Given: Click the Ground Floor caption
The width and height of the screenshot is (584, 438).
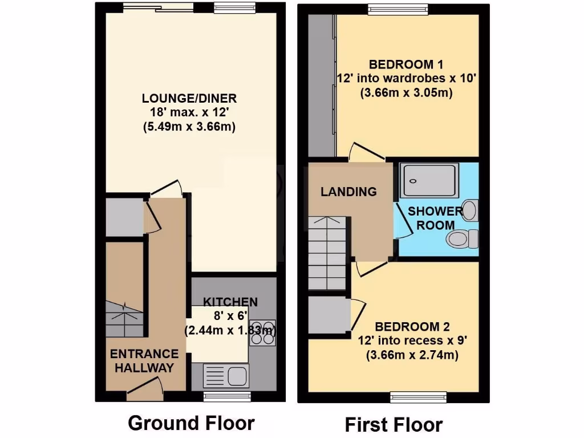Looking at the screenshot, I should pos(191,423).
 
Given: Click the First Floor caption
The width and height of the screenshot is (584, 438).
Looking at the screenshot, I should pos(394,425).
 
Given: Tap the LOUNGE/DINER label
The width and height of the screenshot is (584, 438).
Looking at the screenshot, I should pos(189,99).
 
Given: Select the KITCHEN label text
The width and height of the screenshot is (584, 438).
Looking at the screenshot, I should pos(231,302).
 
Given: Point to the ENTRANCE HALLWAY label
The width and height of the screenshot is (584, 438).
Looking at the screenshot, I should pos(144,360).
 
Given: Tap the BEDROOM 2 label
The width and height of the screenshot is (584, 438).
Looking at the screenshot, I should pos(412,327).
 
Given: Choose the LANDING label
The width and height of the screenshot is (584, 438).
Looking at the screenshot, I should pos(348,192).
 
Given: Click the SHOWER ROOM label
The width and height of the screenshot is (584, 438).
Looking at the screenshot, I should pos(436,217).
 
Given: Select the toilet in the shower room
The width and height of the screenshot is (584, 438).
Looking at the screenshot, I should pos(463,238).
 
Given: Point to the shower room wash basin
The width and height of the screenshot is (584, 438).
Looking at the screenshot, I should pos(469,210).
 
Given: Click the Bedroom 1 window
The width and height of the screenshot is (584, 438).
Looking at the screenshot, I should pos(398,8).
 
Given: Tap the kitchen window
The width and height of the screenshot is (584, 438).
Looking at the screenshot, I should pos(227,396).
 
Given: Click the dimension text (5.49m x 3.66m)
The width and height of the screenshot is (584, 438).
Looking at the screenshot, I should pos(189,127).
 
